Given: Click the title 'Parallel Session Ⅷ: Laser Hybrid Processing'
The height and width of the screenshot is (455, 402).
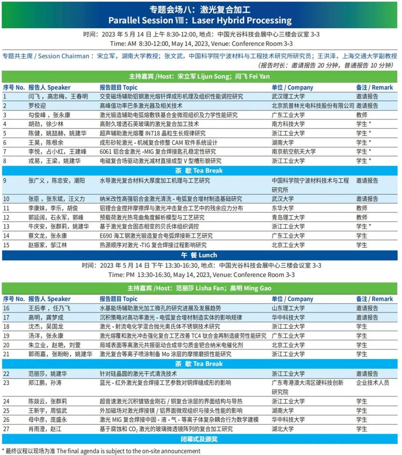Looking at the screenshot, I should pyautogui.click(x=200, y=20).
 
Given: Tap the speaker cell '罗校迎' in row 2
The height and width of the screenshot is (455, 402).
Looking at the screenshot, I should pyautogui.click(x=37, y=106).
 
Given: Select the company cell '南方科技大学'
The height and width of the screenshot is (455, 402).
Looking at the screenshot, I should pyautogui.click(x=288, y=124).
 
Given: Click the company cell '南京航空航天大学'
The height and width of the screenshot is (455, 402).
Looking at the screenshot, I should pyautogui.click(x=293, y=152).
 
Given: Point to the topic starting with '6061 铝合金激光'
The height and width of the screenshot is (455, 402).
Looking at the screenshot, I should pyautogui.click(x=157, y=152).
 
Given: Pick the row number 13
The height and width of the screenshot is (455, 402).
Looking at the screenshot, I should pyautogui.click(x=6, y=226).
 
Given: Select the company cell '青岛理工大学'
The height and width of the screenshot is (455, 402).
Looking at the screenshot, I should pyautogui.click(x=288, y=217).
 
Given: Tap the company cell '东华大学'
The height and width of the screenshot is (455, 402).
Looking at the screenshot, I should pyautogui.click(x=283, y=208).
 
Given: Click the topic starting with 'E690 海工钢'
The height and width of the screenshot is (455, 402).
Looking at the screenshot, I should pyautogui.click(x=156, y=236).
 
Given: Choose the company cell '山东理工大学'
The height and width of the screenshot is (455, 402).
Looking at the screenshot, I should pyautogui.click(x=288, y=308).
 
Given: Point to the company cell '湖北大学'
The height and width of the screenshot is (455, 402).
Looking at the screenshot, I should pyautogui.click(x=283, y=429).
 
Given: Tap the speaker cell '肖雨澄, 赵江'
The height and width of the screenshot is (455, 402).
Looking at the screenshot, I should pyautogui.click(x=45, y=429).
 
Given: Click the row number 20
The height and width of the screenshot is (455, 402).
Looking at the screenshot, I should pyautogui.click(x=6, y=345).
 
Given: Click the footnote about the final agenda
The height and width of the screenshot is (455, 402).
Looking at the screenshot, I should pyautogui.click(x=101, y=451).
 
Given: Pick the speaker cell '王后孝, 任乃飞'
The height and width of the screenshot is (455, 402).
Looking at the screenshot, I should pyautogui.click(x=49, y=308).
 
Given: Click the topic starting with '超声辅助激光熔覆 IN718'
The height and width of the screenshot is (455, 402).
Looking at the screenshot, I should pyautogui.click(x=152, y=133).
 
